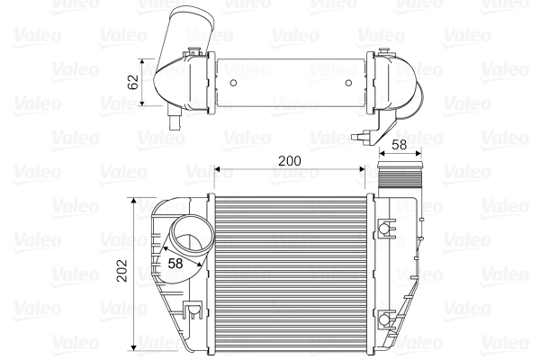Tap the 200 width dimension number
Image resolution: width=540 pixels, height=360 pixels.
coord(288,160)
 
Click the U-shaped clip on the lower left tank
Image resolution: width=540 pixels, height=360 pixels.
coord(191,311)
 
